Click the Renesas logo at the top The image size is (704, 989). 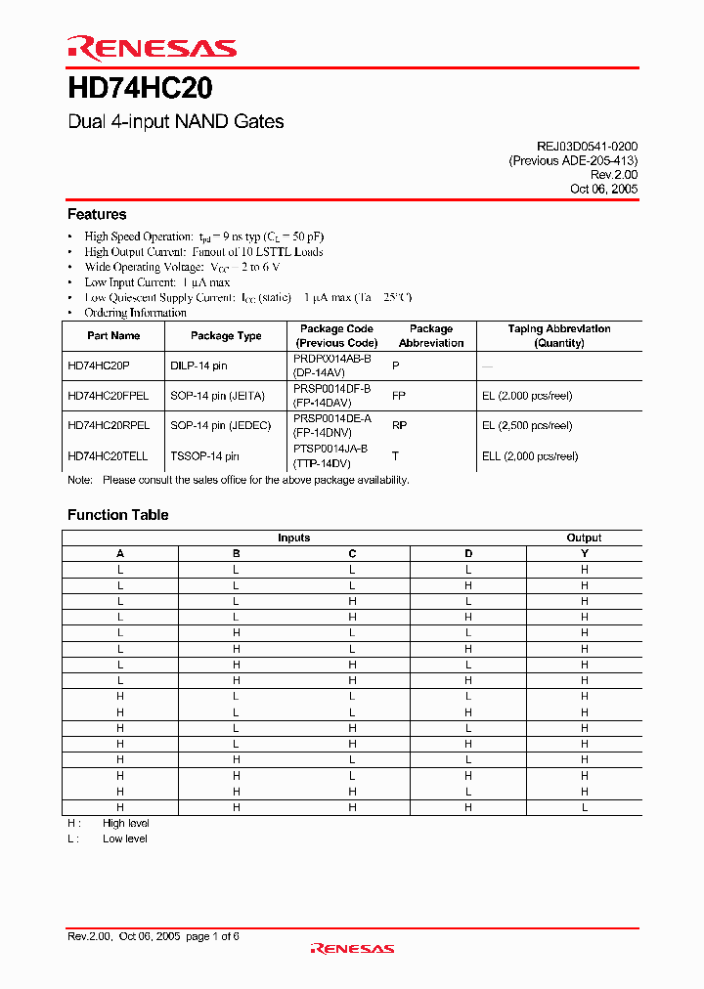click(x=152, y=47)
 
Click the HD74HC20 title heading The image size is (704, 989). click(x=140, y=89)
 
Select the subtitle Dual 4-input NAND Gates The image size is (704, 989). click(x=176, y=122)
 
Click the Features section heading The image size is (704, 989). click(x=97, y=214)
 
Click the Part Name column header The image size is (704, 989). click(x=113, y=336)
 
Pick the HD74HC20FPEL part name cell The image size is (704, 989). click(x=109, y=396)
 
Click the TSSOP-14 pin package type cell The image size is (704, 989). click(x=204, y=456)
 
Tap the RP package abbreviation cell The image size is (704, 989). click(x=399, y=426)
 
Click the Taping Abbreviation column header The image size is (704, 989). click(x=558, y=336)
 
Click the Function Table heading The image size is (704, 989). click(x=117, y=515)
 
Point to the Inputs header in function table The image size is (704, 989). click(x=293, y=537)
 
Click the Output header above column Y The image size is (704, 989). click(x=584, y=537)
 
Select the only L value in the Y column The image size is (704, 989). click(x=585, y=807)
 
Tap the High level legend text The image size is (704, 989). click(x=125, y=824)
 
